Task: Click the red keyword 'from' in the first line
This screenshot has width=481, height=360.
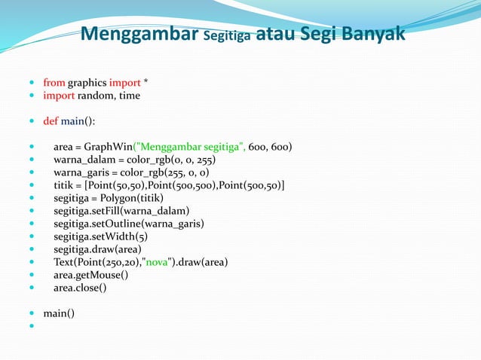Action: (x=54, y=82)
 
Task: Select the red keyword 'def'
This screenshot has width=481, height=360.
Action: (x=51, y=121)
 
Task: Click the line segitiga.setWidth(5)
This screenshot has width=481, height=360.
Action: (x=95, y=236)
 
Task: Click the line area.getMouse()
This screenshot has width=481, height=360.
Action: (x=90, y=275)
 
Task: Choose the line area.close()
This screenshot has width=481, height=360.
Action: (x=80, y=288)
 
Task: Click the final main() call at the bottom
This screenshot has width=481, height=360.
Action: (x=59, y=313)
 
